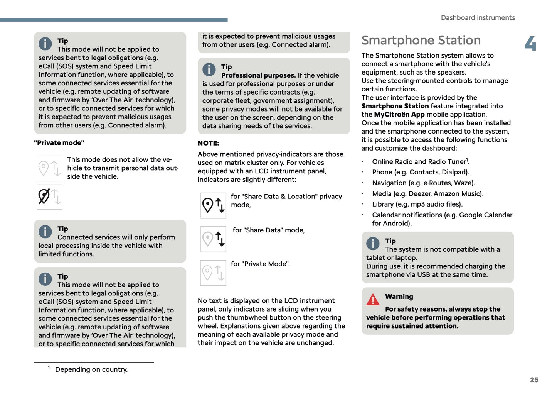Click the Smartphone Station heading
421,41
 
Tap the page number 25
534,380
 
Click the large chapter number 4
530,44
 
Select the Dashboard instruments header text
478,18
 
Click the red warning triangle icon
373,300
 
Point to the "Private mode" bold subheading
59,143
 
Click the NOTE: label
208,143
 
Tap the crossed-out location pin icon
44,196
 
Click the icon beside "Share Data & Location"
213,205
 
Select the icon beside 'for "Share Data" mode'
213,239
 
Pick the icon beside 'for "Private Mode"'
213,273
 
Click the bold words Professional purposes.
258,75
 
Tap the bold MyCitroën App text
399,115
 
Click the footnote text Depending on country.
91,369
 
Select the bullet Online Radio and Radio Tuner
420,162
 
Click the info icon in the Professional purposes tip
209,69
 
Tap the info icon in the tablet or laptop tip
373,244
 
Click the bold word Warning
399,296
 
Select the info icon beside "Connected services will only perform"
45,232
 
